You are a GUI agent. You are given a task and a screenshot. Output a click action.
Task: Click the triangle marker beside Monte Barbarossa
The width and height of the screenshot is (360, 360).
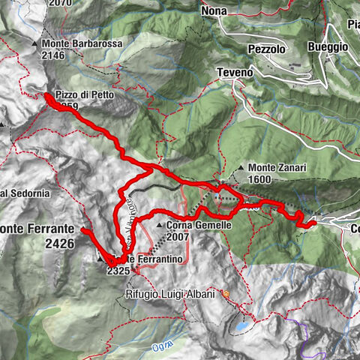[35, 44]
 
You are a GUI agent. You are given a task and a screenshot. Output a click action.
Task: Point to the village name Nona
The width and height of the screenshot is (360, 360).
[214, 11]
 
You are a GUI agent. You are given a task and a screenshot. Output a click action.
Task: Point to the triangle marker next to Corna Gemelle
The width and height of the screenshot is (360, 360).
[160, 225]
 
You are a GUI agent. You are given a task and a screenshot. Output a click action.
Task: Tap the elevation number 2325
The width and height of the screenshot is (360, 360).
[120, 269]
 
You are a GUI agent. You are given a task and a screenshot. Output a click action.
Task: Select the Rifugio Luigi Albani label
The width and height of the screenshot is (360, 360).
[170, 295]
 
